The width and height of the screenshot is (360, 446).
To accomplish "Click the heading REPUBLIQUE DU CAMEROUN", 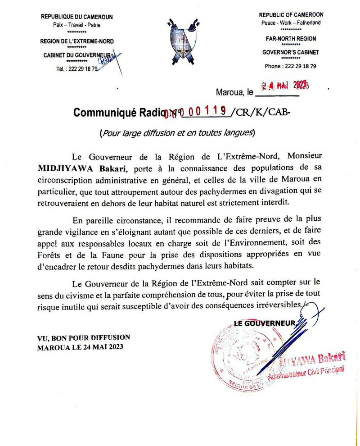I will (76, 17).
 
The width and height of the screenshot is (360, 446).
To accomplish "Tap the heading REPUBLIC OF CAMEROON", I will (291, 15).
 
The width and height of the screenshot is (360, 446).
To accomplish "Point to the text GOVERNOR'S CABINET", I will (291, 52).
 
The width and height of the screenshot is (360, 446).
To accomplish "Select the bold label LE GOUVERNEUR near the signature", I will (265, 323).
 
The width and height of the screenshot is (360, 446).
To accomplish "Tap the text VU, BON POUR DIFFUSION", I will (84, 337).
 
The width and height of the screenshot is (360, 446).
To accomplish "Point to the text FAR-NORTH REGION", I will (291, 39).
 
